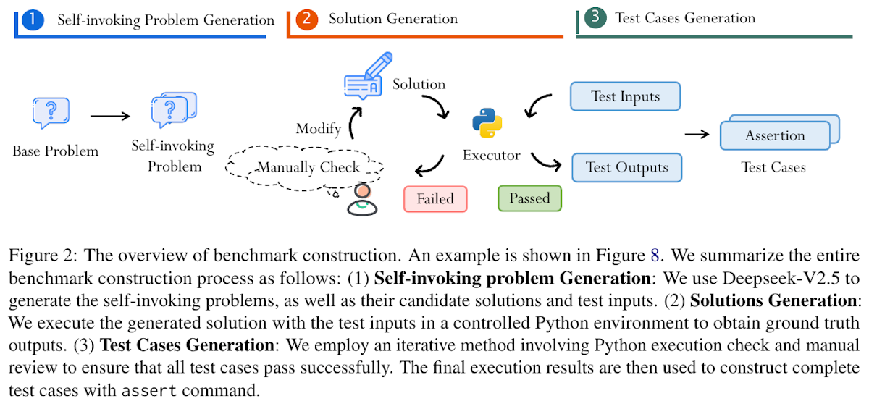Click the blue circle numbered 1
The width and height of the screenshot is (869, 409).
(x=33, y=20)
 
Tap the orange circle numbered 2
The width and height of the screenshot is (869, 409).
(x=307, y=19)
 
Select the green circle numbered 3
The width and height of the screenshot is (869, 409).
(x=595, y=17)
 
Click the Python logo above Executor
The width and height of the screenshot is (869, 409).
(x=487, y=123)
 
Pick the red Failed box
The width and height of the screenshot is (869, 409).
(x=435, y=199)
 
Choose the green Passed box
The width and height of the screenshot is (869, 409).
(x=529, y=198)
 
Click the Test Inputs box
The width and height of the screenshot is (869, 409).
(x=626, y=96)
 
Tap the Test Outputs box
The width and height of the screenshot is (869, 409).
(x=627, y=167)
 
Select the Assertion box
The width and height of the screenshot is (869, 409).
(x=775, y=135)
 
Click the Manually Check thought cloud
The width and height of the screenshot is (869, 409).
(x=305, y=167)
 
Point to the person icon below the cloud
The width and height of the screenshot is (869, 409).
(x=362, y=200)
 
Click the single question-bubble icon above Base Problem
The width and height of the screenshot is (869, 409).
(x=51, y=112)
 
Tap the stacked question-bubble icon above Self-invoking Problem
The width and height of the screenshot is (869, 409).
(x=174, y=110)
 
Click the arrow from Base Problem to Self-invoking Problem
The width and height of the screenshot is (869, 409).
(x=110, y=116)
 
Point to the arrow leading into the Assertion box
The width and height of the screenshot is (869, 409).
(x=697, y=134)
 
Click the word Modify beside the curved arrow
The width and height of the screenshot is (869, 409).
(x=319, y=128)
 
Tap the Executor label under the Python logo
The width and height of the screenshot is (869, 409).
(x=492, y=155)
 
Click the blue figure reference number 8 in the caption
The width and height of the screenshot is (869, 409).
(x=655, y=255)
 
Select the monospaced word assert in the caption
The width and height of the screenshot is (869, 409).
(x=149, y=391)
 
